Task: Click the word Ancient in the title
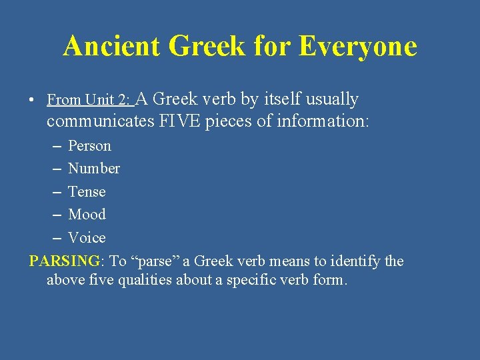click(112, 47)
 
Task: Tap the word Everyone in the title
click(357, 47)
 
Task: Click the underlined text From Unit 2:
click(89, 101)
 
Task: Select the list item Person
click(89, 145)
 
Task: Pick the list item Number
click(94, 169)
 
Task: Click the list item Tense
click(87, 191)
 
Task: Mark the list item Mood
click(87, 215)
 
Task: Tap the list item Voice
click(87, 238)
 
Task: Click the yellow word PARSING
click(65, 261)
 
